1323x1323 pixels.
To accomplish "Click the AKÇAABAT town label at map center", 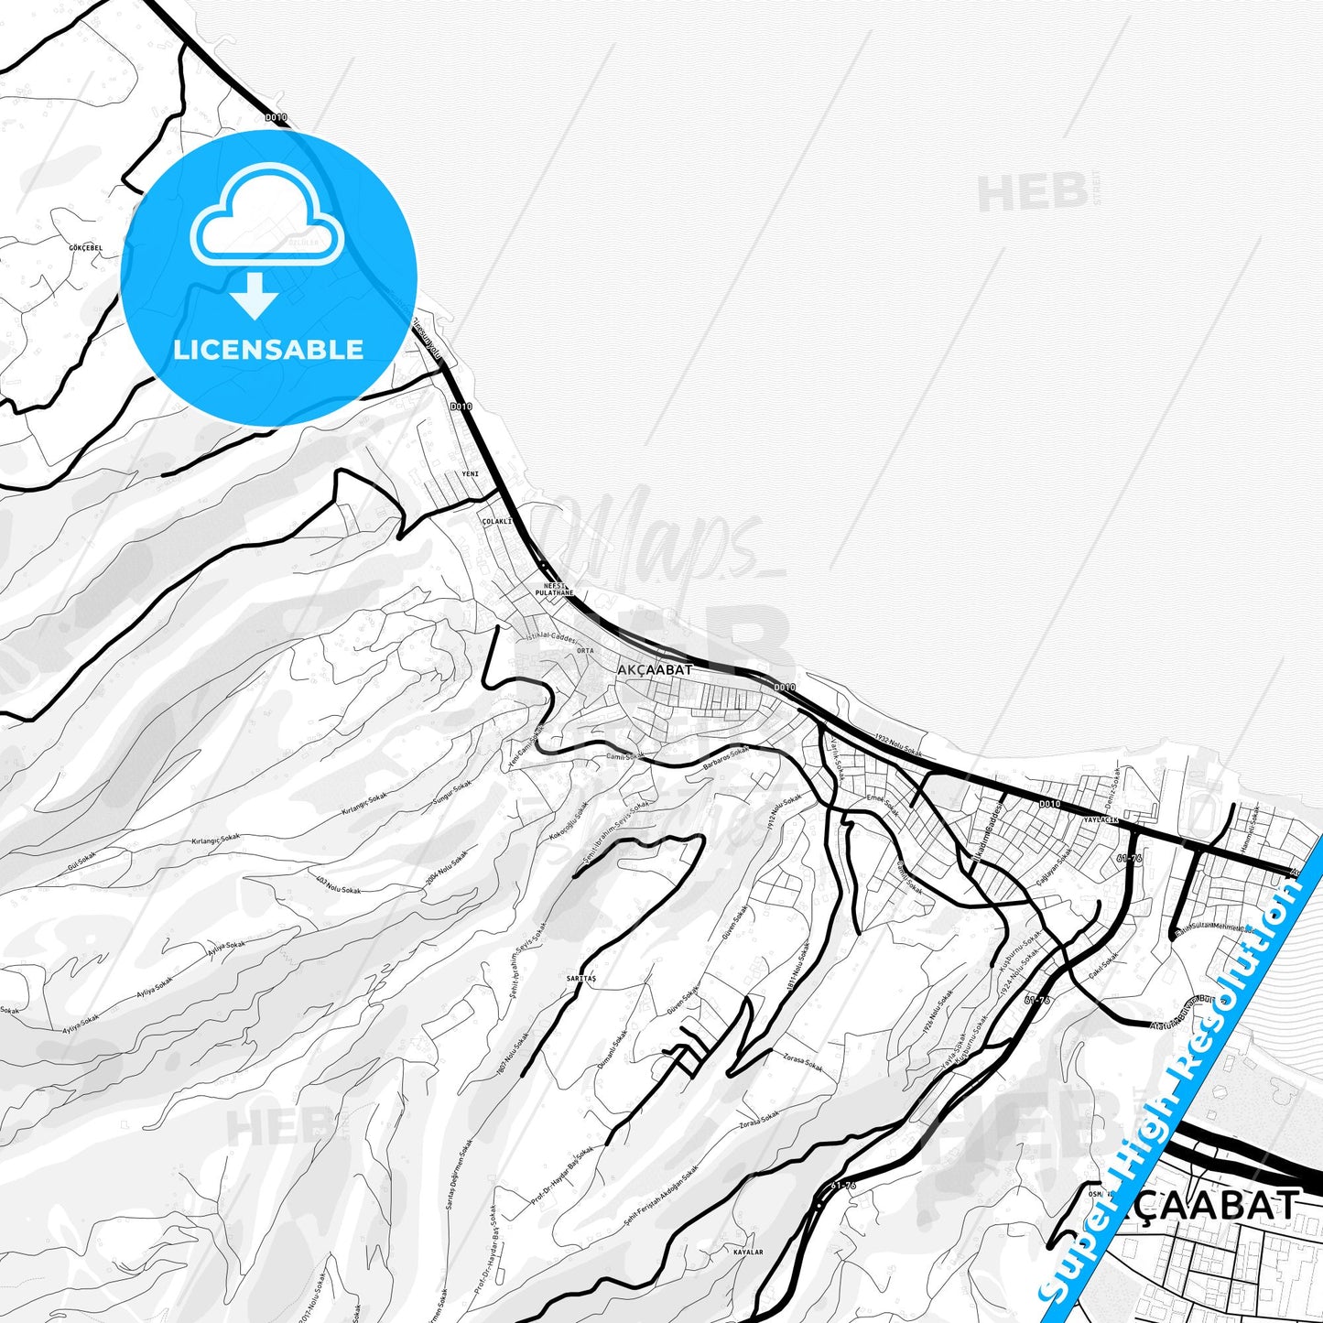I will click(655, 670).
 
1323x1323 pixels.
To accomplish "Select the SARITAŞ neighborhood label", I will click(581, 979).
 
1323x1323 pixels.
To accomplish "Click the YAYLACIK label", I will click(1101, 820).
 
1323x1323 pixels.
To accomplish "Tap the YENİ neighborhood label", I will click(471, 473).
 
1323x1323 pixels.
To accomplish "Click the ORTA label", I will click(585, 651).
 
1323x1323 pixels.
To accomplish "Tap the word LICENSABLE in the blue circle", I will click(268, 350).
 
